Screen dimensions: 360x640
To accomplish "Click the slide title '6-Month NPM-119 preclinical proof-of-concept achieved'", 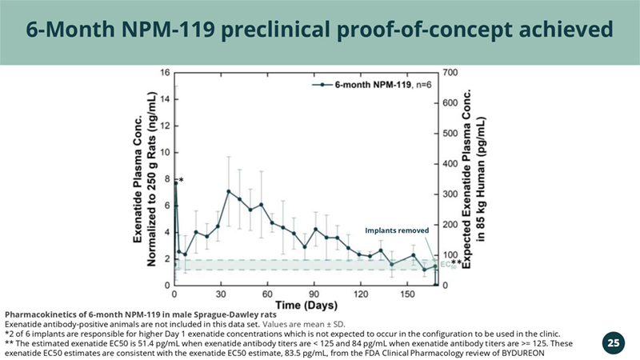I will [x=320, y=30].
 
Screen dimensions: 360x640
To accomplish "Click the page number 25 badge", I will [x=613, y=343].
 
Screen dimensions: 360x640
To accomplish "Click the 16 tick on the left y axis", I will [x=164, y=73].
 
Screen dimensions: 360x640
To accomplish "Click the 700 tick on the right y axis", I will [x=450, y=73].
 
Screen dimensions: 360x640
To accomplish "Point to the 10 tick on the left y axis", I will [x=164, y=152].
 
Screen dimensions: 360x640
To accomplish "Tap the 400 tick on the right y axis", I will [x=450, y=164].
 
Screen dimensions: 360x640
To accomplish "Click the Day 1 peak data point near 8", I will [x=175, y=183].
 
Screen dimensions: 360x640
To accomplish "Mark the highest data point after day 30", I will [x=229, y=191].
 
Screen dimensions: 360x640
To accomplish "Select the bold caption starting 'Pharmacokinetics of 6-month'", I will [x=141, y=314].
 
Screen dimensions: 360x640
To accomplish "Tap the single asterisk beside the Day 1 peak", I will [x=182, y=181].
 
